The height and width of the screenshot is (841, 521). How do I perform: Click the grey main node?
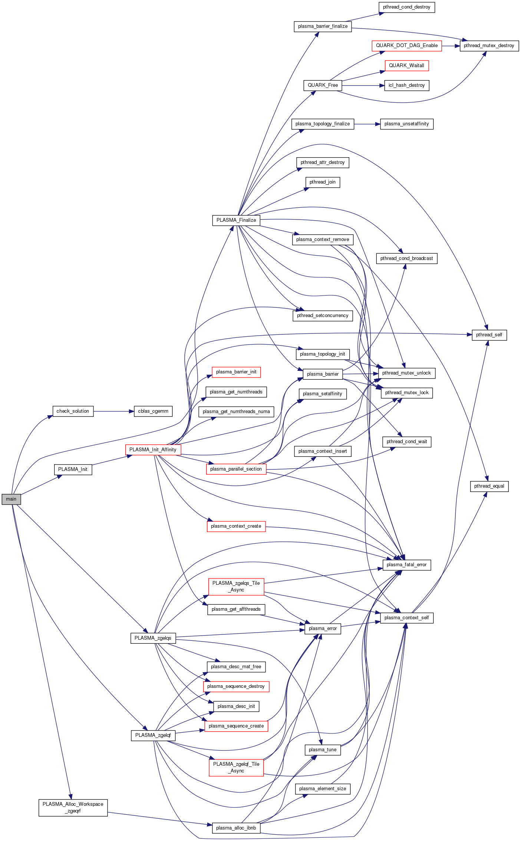tap(11, 499)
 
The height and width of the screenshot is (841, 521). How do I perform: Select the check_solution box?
tap(73, 411)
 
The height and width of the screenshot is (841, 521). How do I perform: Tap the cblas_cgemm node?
tap(153, 411)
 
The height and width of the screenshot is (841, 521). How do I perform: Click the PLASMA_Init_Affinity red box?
tap(153, 450)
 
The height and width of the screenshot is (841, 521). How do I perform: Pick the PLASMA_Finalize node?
tap(236, 220)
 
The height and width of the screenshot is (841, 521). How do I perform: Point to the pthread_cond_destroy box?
tap(406, 7)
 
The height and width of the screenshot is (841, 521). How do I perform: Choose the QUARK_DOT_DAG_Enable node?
tap(406, 46)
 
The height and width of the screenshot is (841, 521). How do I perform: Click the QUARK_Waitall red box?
tap(406, 66)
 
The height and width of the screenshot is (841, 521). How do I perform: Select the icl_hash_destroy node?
tap(406, 85)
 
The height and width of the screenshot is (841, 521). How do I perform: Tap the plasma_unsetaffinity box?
tap(406, 124)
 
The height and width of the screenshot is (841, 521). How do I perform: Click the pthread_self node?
tap(489, 335)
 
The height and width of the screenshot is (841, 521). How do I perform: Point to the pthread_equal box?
tap(489, 486)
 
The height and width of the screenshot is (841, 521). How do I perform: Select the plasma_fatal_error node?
tap(406, 565)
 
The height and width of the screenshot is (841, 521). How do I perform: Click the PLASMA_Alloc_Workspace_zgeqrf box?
tap(73, 807)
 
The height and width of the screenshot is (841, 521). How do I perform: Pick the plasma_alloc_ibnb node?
tap(236, 828)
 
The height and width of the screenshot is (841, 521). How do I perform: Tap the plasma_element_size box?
tap(322, 789)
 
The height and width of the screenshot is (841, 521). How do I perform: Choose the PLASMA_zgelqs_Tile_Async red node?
tap(236, 586)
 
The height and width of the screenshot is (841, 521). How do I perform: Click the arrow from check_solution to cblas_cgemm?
tap(113, 411)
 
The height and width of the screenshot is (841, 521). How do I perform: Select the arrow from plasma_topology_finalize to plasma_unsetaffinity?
tap(367, 124)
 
